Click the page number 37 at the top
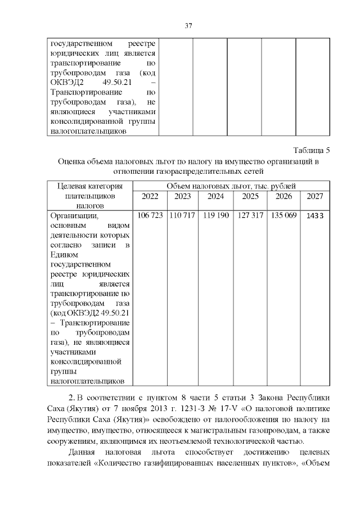pyautogui.click(x=189, y=25)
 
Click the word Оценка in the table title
pyautogui.click(x=73, y=161)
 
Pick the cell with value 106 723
pyautogui.click(x=150, y=215)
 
